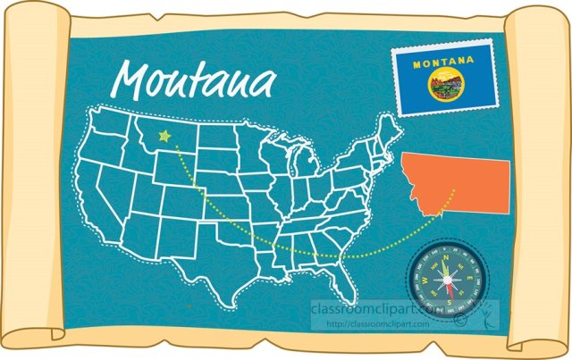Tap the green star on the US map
tap(164, 137)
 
